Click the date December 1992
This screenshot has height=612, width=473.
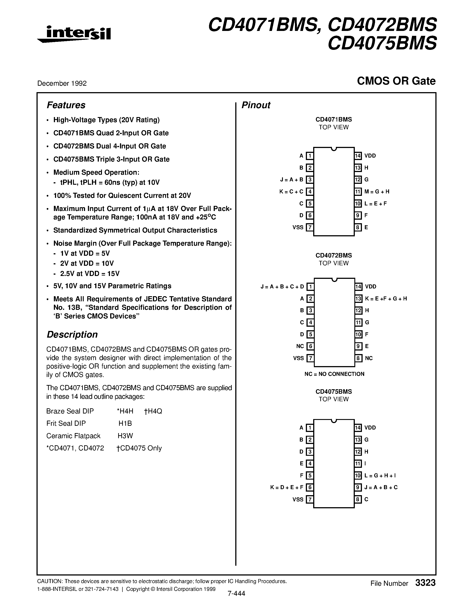click(62, 83)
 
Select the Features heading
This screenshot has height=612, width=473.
click(66, 105)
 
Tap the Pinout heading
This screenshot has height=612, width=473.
click(256, 105)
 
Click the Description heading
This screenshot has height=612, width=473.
click(72, 334)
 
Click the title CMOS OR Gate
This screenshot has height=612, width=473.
click(396, 81)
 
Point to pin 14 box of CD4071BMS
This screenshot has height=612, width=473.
click(358, 156)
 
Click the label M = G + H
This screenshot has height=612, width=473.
click(377, 192)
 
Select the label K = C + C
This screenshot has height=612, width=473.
click(291, 192)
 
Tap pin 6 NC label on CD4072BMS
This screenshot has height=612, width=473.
click(300, 346)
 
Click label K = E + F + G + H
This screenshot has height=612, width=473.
click(386, 299)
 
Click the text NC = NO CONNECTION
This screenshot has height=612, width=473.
click(334, 374)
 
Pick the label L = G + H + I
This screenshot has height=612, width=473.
click(380, 476)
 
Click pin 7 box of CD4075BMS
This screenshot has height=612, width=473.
click(309, 499)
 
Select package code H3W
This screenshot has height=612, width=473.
click(125, 436)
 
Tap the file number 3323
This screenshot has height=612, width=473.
click(425, 583)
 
